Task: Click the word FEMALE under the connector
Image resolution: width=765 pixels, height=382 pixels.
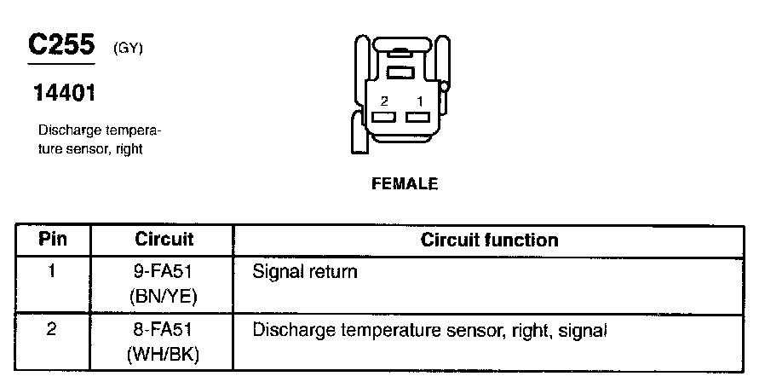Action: [x=405, y=183]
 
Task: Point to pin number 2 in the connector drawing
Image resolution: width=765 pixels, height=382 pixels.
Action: [x=385, y=101]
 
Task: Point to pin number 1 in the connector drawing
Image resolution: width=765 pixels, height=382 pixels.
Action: [x=419, y=101]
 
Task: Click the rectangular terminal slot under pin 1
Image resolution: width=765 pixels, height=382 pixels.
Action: [x=417, y=117]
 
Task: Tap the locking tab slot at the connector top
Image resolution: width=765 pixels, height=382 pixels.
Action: [x=400, y=72]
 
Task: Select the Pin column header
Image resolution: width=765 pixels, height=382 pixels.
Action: [x=53, y=240]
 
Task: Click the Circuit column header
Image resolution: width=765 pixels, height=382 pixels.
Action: [x=164, y=240]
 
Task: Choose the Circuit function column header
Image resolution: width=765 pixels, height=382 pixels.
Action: [x=489, y=240]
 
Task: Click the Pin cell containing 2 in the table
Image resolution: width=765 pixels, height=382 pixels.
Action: [x=53, y=328]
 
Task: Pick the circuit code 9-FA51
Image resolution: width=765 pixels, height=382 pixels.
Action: [x=164, y=273]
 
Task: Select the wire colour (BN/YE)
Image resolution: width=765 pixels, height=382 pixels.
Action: [x=164, y=297]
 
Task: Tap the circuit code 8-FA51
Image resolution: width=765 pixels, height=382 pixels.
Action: [x=164, y=329]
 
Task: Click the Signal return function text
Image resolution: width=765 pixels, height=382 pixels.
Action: [x=305, y=273]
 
